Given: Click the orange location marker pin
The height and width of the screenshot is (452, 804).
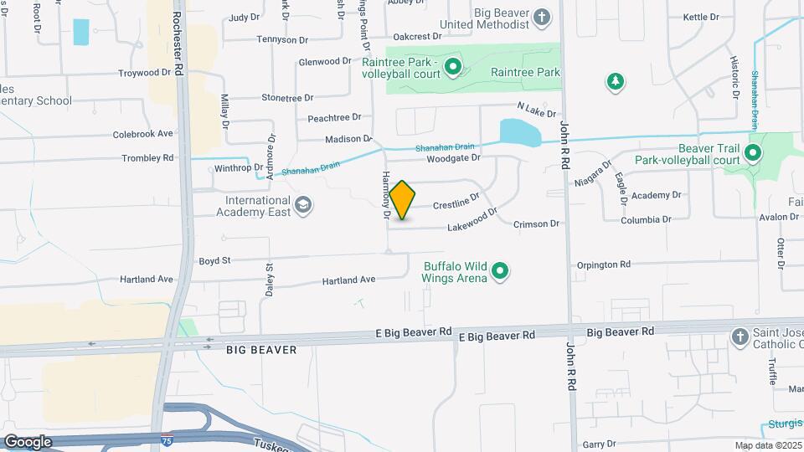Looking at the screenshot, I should [402, 199].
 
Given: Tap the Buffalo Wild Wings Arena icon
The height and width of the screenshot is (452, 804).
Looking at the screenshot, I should [501, 270].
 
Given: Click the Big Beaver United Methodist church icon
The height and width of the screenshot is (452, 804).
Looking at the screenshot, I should [542, 17].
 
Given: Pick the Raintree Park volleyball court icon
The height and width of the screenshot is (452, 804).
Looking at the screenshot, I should [453, 65].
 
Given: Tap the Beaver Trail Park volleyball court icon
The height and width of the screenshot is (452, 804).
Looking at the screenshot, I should [752, 153].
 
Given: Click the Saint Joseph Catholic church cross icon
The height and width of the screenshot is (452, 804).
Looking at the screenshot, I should [739, 336].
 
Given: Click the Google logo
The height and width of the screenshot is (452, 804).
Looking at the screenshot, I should [28, 441].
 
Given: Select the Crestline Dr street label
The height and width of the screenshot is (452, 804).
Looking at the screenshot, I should [456, 202].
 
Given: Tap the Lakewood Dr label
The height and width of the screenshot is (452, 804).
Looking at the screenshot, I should [466, 222].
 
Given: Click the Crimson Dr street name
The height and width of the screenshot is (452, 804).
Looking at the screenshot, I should [537, 223].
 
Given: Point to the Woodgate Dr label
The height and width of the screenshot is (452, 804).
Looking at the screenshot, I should [453, 157].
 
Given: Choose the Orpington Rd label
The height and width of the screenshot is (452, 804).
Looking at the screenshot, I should [603, 265].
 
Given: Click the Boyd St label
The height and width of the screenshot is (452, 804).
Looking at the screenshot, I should [214, 261].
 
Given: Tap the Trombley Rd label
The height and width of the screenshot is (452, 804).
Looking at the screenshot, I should [147, 157].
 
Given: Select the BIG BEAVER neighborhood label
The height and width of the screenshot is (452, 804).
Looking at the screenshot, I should [261, 350].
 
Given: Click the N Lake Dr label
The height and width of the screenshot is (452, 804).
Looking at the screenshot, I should [536, 109].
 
